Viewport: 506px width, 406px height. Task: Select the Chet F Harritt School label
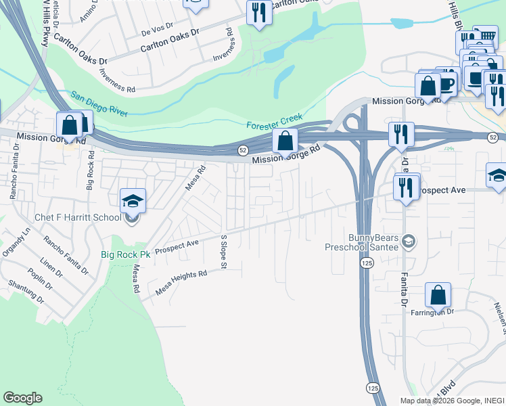[78, 217]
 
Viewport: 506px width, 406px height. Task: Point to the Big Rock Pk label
[126, 254]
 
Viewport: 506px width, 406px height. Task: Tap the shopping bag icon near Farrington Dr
[438, 295]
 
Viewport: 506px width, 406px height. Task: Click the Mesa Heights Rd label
[181, 279]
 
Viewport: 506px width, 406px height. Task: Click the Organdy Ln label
[17, 240]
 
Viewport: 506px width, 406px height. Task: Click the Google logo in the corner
[22, 398]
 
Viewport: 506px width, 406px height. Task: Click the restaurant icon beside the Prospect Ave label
[406, 187]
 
